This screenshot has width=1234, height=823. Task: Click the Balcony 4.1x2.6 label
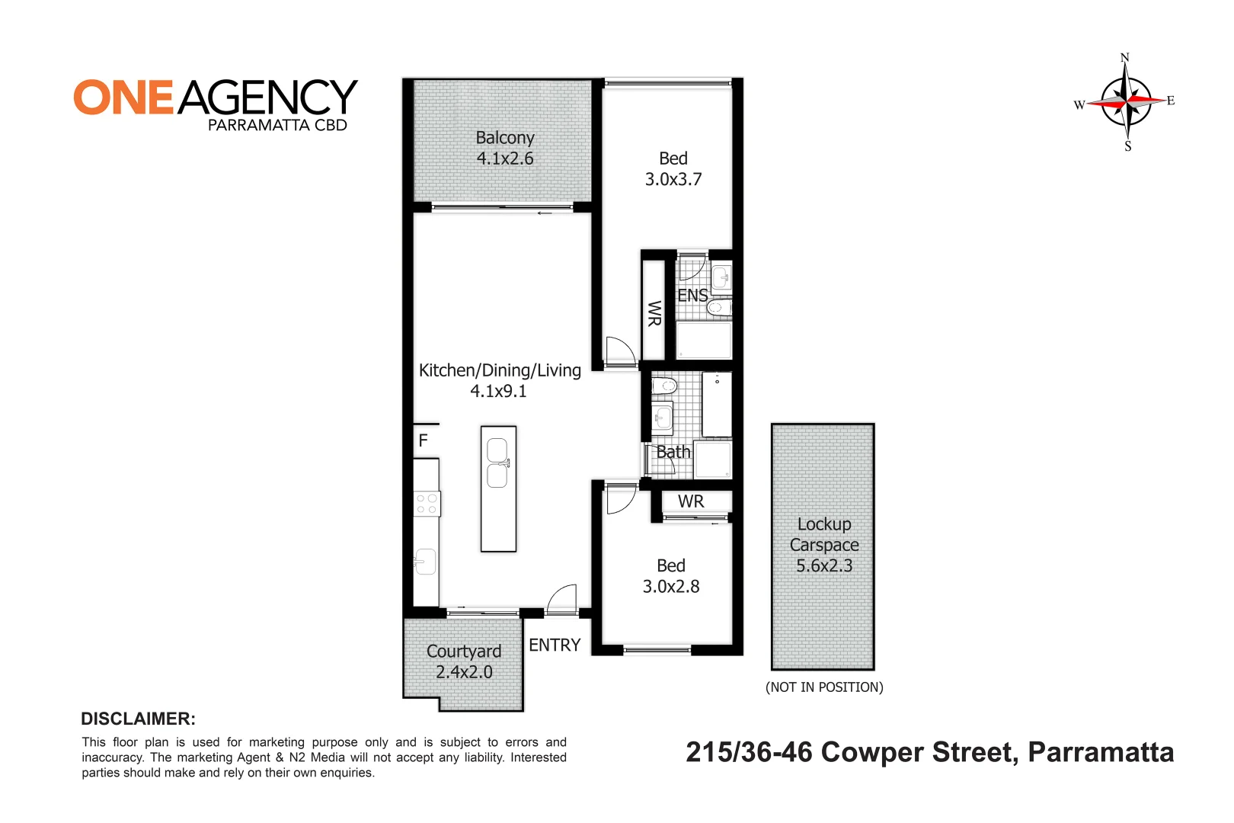point(504,148)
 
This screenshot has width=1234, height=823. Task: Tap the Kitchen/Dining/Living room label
point(500,379)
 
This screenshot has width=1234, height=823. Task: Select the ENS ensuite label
point(692,296)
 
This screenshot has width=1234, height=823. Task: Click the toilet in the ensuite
point(718,307)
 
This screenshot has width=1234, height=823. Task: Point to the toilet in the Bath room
point(665,386)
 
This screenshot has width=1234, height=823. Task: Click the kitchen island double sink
point(497,463)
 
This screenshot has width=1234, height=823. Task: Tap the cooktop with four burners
point(427,504)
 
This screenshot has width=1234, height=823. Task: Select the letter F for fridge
point(424,440)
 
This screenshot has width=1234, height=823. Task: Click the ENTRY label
point(555,645)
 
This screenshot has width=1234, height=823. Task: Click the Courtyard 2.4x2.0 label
point(464,661)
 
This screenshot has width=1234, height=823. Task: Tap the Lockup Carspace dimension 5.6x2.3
point(823,565)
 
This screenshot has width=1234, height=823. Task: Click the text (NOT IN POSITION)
point(823,687)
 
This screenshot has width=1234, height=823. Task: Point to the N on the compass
point(1124,58)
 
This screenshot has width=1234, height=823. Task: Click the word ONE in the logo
point(124,98)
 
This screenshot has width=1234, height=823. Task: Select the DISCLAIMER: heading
point(138,719)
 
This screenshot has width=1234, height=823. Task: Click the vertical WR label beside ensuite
point(654,313)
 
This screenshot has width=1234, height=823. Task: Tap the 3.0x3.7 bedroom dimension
point(673,179)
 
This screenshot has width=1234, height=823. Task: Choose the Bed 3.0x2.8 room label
point(671,575)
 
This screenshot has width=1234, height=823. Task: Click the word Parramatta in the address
point(1101,752)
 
